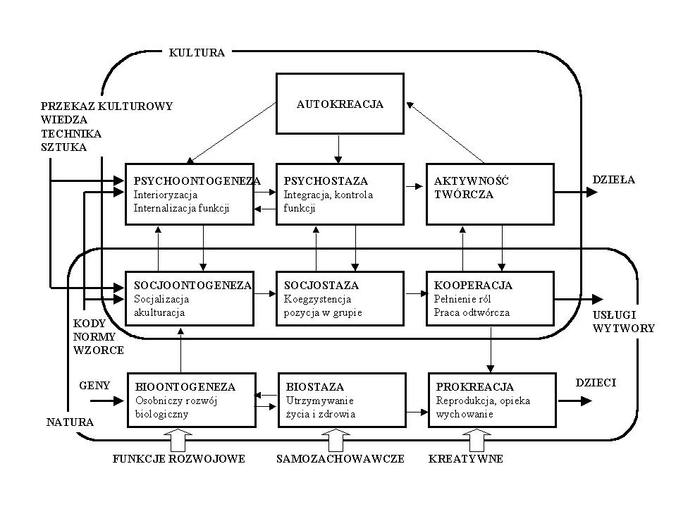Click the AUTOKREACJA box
click(x=339, y=104)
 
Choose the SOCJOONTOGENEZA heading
click(x=192, y=286)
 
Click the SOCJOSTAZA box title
click(x=321, y=286)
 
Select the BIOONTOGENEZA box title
click(x=185, y=387)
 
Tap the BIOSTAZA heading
click(x=314, y=387)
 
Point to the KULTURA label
click(x=197, y=52)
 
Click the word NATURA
click(x=70, y=422)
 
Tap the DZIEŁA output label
click(x=613, y=180)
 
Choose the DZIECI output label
click(x=596, y=382)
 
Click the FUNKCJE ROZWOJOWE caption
click(x=179, y=459)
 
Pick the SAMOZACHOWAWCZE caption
click(x=340, y=459)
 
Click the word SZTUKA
click(x=63, y=147)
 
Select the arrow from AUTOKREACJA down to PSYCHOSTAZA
click(x=339, y=148)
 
